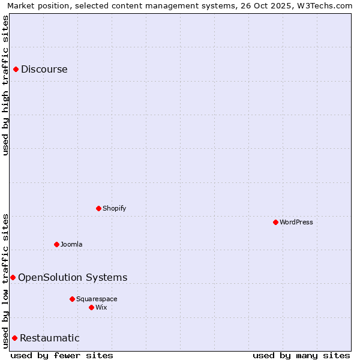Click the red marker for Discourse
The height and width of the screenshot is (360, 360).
coord(16,69)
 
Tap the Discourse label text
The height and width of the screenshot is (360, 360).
coord(44,69)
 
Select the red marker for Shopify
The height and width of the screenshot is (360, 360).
coord(98,208)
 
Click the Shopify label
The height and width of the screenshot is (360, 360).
coord(115,208)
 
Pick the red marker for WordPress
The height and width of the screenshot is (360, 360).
coord(275,222)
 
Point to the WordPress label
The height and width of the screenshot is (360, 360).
coord(296,222)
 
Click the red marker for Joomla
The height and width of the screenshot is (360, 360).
coord(56,244)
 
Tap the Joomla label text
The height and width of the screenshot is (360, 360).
coord(71,244)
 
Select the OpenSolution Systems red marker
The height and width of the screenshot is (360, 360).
coord(13,277)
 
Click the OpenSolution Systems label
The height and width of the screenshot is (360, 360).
coord(73,277)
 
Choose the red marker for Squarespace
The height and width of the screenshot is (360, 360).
coord(72,299)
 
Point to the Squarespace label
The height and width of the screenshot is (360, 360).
coord(97,299)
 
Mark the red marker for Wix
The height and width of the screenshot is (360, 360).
coord(91,307)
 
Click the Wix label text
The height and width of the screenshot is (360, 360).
coord(101,307)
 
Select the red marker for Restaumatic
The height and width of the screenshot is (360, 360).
coord(14,338)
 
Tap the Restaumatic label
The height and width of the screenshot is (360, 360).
coord(50,338)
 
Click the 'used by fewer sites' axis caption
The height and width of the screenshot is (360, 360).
coord(62,355)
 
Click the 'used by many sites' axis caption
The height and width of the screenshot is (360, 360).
coord(301,355)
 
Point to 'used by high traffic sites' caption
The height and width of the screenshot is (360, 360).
coord(5,85)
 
